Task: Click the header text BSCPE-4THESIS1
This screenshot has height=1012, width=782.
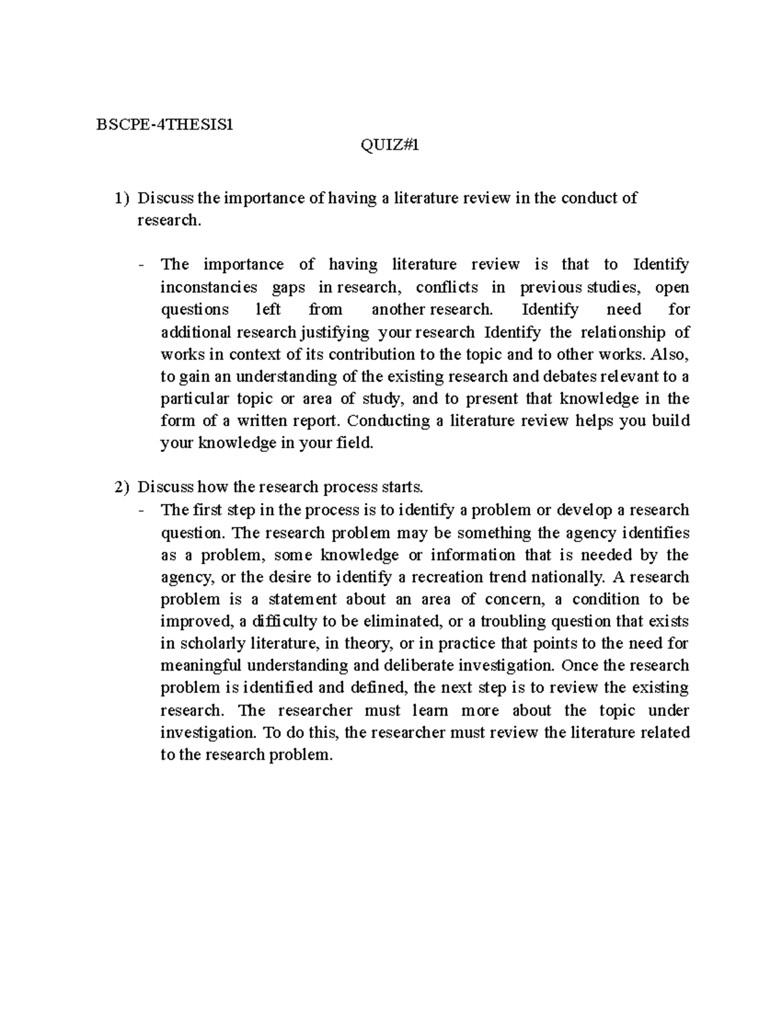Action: coord(164,124)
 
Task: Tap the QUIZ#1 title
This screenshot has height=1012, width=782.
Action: coord(390,147)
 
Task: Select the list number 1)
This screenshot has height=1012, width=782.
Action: coord(121,198)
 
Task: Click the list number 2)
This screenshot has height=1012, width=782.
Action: coord(121,487)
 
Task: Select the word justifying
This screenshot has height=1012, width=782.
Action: coord(335,332)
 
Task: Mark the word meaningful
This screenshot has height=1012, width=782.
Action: coord(200,666)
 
